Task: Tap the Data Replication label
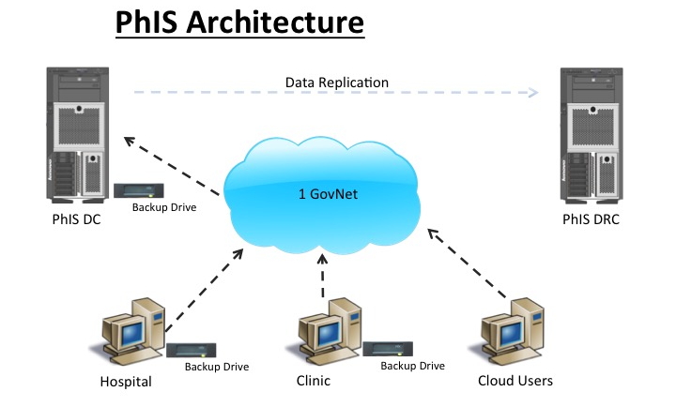pyautogui.click(x=337, y=83)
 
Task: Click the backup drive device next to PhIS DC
pyautogui.click(x=138, y=190)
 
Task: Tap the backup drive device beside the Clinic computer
pyautogui.click(x=387, y=349)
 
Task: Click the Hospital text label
pyautogui.click(x=126, y=382)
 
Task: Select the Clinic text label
pyautogui.click(x=313, y=382)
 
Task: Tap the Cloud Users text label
pyautogui.click(x=515, y=382)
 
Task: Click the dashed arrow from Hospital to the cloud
pyautogui.click(x=202, y=291)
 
